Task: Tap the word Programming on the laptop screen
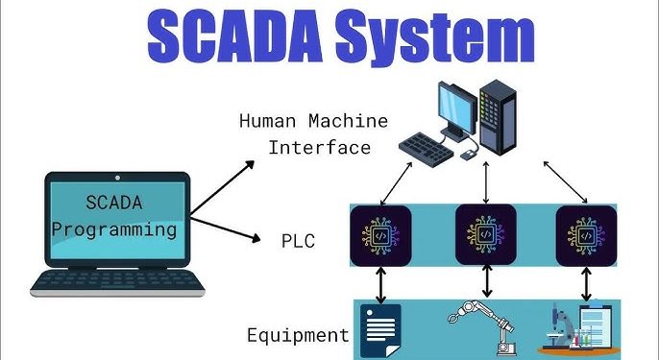pos(114,229)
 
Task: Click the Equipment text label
pos(297,335)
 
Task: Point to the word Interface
pos(319,147)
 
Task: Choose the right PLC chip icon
pos(587,234)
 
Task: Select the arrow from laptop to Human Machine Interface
pos(222,187)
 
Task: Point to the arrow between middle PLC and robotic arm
pos(487,280)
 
